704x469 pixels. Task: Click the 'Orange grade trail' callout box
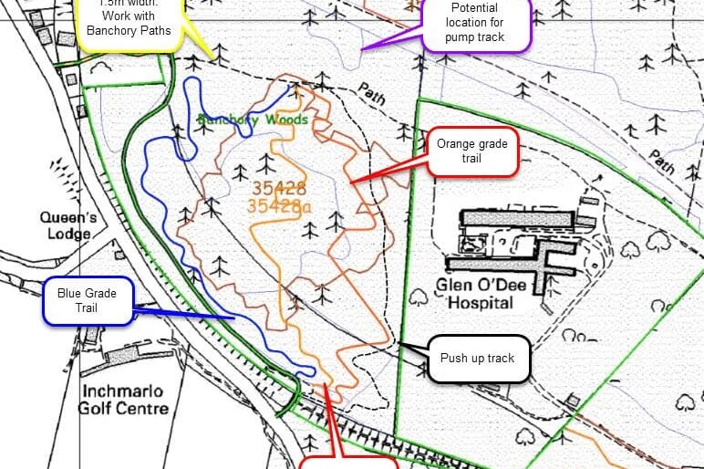[471, 151]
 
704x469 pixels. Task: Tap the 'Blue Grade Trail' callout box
[88, 300]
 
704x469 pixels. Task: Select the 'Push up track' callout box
[477, 358]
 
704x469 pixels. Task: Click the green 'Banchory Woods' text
[253, 120]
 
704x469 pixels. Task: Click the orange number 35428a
[279, 206]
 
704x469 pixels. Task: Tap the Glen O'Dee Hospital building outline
[516, 242]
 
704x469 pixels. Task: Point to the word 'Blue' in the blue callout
[71, 293]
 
